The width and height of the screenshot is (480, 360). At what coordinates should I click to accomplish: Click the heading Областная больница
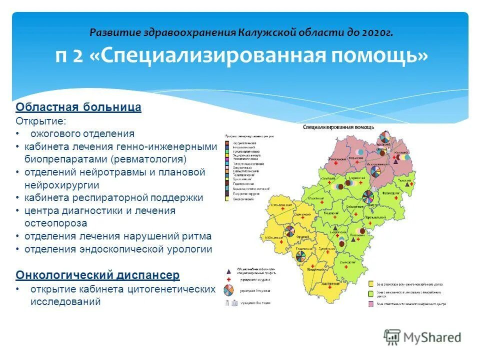pyautogui.click(x=78, y=107)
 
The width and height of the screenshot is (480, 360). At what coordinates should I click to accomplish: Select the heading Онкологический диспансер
pyautogui.click(x=97, y=275)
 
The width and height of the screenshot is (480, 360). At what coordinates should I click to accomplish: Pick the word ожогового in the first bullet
pyautogui.click(x=53, y=133)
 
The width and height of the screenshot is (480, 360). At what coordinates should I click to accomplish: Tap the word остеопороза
pyautogui.click(x=55, y=223)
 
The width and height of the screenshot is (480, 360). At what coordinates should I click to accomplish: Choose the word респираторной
pyautogui.click(x=107, y=197)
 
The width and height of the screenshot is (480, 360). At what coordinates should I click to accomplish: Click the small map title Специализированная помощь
pyautogui.click(x=338, y=127)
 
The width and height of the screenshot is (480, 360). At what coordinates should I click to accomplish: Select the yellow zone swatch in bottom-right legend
pyautogui.click(x=370, y=293)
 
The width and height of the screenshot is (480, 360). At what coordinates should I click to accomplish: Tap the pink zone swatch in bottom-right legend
pyautogui.click(x=370, y=303)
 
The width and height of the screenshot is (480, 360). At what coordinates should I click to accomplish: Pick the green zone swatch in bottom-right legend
pyautogui.click(x=370, y=283)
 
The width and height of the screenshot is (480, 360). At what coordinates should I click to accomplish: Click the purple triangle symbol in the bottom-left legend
pyautogui.click(x=229, y=270)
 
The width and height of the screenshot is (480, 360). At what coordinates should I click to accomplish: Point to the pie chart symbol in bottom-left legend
pyautogui.click(x=229, y=290)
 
